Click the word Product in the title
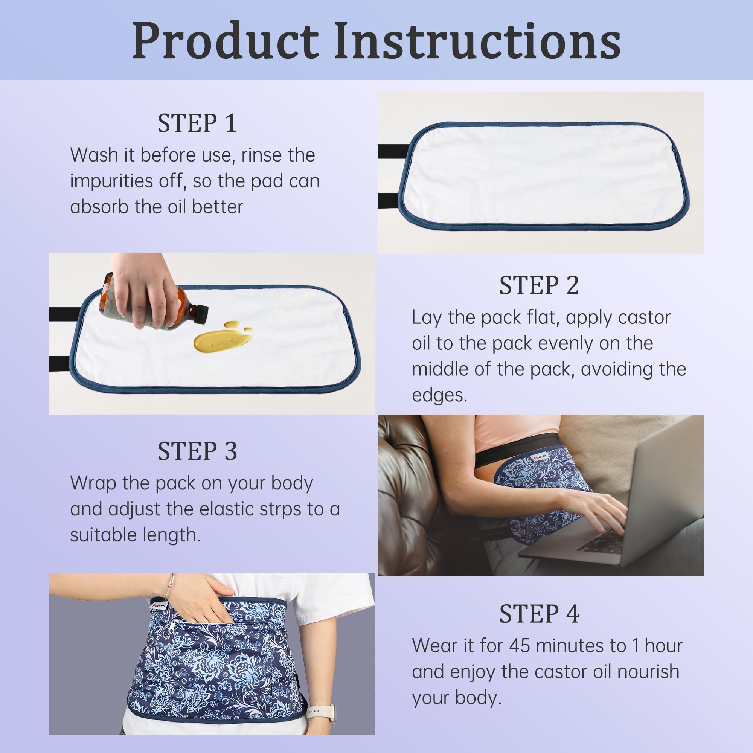[x=225, y=41]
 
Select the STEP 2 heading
[x=539, y=285]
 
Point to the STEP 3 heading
[x=197, y=451]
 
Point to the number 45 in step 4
[x=520, y=646]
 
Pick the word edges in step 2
[x=439, y=395]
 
